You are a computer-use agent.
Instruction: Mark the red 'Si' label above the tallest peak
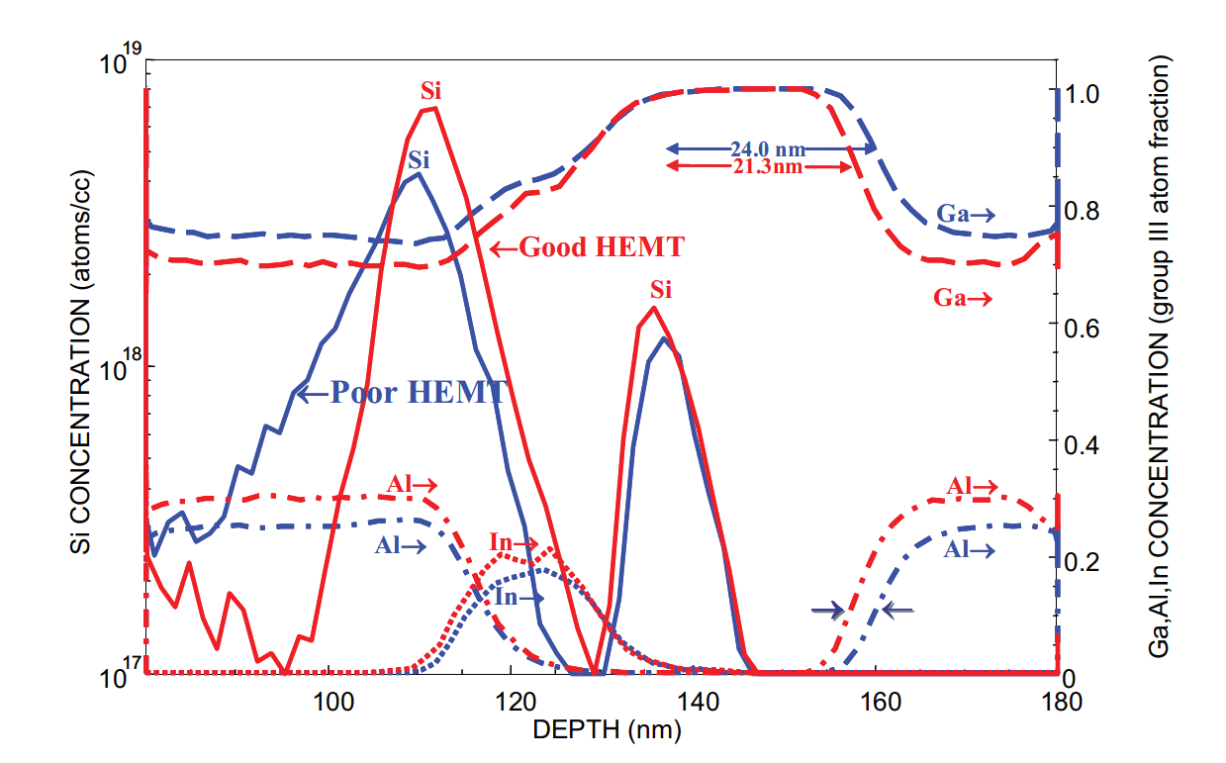coord(430,92)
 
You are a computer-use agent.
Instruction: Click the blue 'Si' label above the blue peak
coord(419,159)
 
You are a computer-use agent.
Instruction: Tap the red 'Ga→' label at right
coord(963,297)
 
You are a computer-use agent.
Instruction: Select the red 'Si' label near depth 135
coord(661,290)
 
